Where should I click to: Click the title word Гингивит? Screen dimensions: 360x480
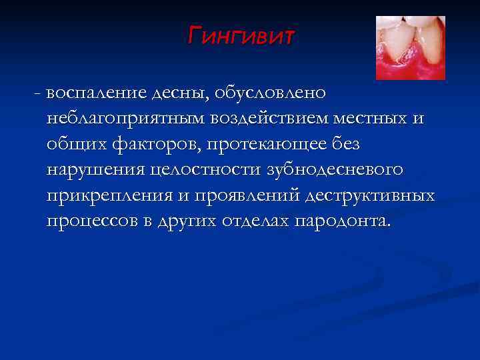tap(240, 35)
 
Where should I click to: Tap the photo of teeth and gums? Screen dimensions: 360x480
tap(410, 47)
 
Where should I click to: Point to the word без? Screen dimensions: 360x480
tap(354, 143)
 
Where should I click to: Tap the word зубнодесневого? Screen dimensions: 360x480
tap(334, 169)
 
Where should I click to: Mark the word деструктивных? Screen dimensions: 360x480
tap(371, 195)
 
